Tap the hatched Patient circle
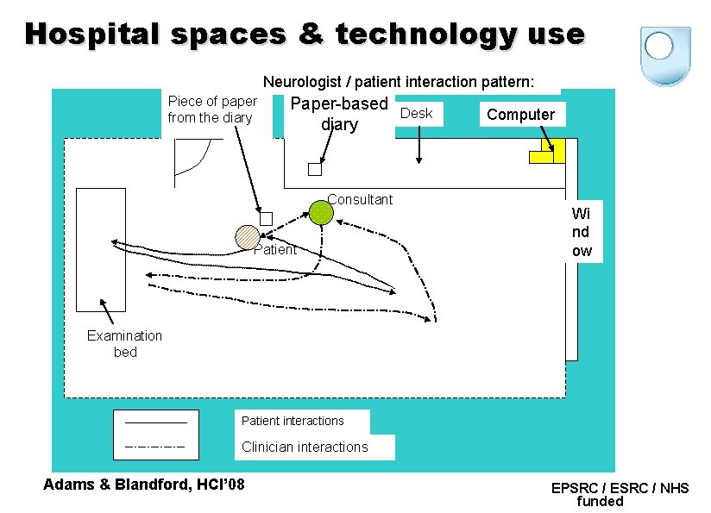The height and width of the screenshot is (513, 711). [x=248, y=238]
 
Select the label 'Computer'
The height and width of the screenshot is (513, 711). [x=521, y=115]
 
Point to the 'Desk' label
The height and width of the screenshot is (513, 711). [x=418, y=113]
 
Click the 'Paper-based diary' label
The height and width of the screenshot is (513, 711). [x=339, y=115]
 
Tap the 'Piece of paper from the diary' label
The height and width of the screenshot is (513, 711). [x=211, y=109]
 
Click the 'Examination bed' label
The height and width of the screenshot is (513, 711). [x=124, y=343]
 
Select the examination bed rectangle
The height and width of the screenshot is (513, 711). [x=100, y=249]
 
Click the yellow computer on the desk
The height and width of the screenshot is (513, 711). [x=547, y=151]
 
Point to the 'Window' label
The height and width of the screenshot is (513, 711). [x=582, y=232]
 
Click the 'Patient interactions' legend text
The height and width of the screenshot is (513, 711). [x=293, y=421]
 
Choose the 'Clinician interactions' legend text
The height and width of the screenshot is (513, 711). [x=305, y=447]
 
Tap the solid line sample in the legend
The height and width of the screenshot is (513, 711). [x=154, y=422]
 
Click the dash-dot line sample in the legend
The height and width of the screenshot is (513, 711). [x=154, y=447]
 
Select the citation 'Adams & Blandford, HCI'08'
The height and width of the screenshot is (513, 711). [x=144, y=484]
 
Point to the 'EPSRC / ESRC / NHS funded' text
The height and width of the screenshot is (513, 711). [x=620, y=494]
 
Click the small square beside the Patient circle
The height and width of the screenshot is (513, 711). [x=266, y=219]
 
